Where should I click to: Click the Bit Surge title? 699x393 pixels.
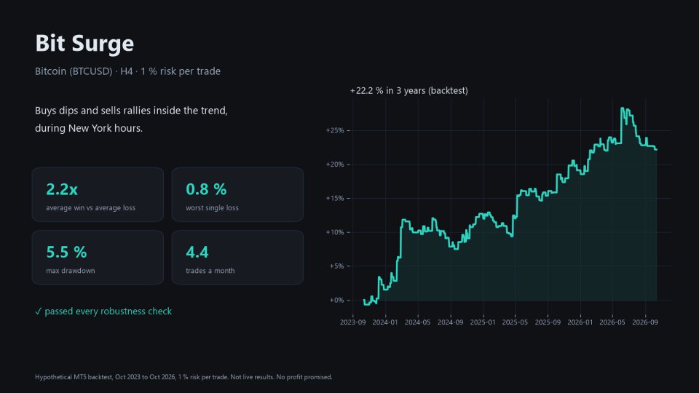pyautogui.click(x=84, y=43)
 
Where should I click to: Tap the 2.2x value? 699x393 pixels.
pyautogui.click(x=62, y=189)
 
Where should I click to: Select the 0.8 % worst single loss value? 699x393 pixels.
pyautogui.click(x=206, y=189)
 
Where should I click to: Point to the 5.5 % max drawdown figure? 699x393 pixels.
pyautogui.click(x=66, y=253)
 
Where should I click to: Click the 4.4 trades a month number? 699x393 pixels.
pyautogui.click(x=197, y=253)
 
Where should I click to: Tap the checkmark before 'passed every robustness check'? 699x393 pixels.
pyautogui.click(x=38, y=311)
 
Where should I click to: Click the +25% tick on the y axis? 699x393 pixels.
pyautogui.click(x=335, y=130)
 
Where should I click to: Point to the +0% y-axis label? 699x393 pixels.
pyautogui.click(x=336, y=301)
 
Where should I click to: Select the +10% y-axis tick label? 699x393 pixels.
pyautogui.click(x=335, y=232)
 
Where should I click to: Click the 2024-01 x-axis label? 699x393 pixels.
pyautogui.click(x=385, y=322)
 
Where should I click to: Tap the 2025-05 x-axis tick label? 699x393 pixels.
pyautogui.click(x=515, y=322)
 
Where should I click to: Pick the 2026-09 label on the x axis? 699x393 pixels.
pyautogui.click(x=645, y=322)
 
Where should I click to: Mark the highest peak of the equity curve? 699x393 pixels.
pyautogui.click(x=623, y=108)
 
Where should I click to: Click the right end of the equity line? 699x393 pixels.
pyautogui.click(x=656, y=150)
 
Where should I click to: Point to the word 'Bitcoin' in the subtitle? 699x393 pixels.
pyautogui.click(x=50, y=71)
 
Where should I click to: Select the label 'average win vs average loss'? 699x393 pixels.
pyautogui.click(x=90, y=208)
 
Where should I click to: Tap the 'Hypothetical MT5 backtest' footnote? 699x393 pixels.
pyautogui.click(x=73, y=377)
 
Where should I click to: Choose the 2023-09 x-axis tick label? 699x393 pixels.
pyautogui.click(x=352, y=322)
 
